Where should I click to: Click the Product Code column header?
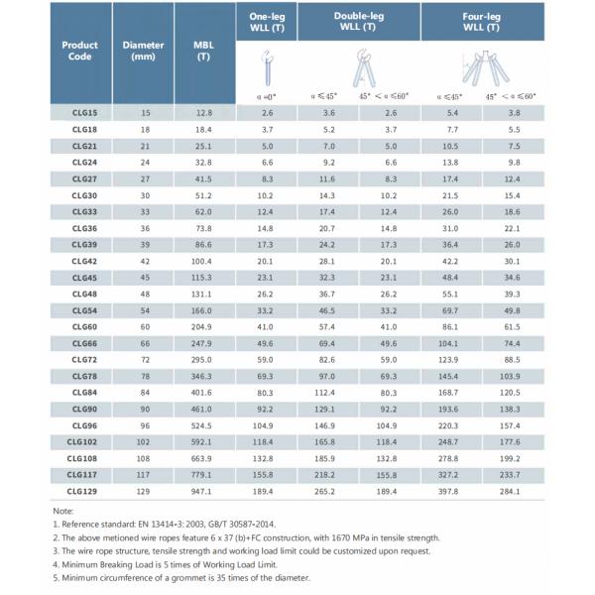tap(78, 51)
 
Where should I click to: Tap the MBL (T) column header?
tap(204, 51)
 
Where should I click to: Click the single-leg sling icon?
tap(266, 68)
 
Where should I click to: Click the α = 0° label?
tap(267, 98)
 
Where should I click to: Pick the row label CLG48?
tap(84, 294)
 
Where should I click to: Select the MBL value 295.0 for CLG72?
tap(204, 360)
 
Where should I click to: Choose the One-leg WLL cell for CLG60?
tap(267, 326)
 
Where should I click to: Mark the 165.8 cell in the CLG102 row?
tap(323, 441)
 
